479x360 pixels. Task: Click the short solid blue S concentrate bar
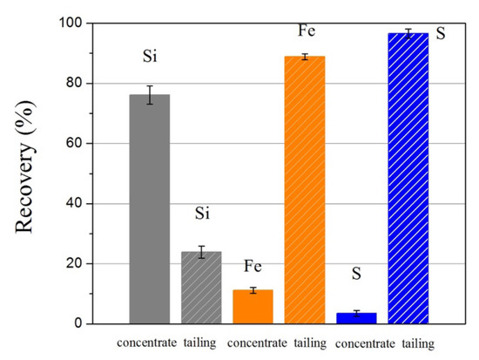pos(356,318)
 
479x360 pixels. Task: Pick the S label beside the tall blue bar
pos(440,40)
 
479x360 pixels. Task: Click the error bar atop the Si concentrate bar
pos(150,94)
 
